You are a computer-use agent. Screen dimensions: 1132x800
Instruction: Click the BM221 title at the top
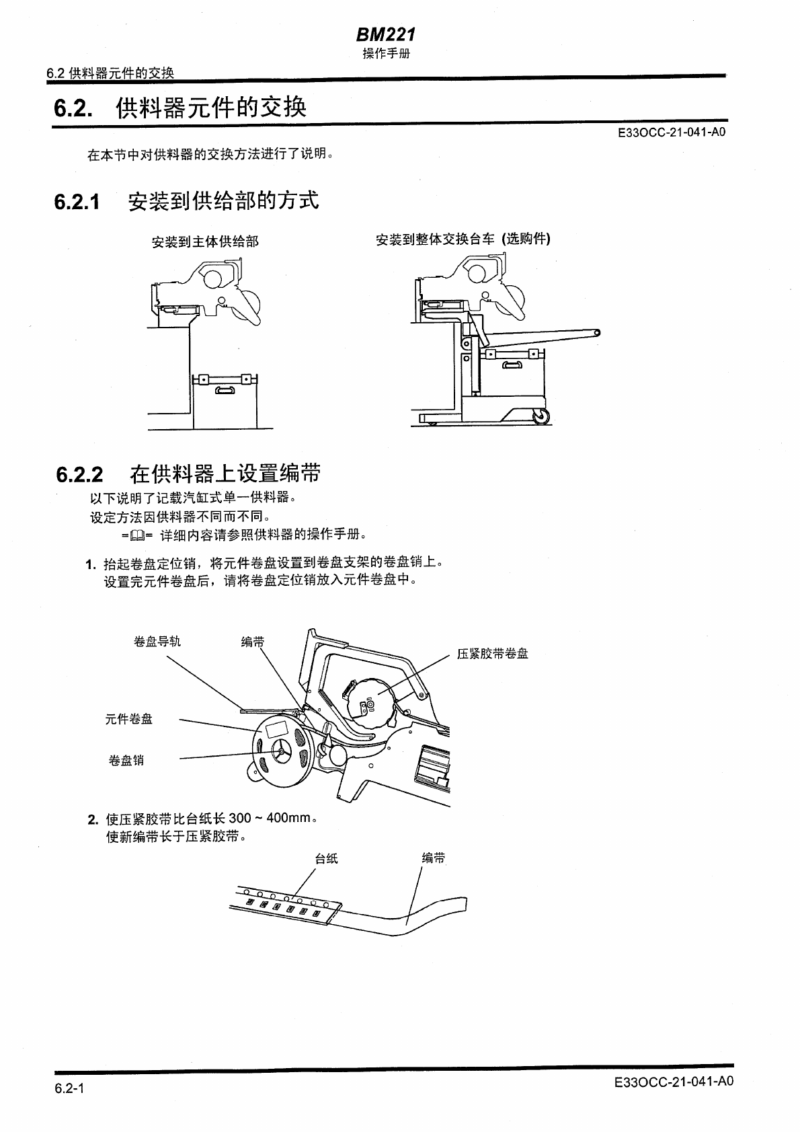(386, 34)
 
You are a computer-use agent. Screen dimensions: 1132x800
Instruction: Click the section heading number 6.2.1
(77, 202)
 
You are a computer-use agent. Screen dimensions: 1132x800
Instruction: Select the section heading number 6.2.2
(79, 475)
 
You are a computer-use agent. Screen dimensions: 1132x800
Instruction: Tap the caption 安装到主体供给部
(205, 241)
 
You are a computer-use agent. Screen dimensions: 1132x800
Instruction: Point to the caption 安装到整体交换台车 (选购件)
(463, 239)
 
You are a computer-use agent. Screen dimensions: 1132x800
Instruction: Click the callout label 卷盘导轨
(157, 642)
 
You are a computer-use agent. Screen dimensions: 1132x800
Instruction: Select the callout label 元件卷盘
(129, 719)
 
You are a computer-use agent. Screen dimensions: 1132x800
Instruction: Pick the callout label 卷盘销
(126, 761)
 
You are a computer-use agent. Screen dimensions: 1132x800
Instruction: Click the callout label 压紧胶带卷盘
(493, 654)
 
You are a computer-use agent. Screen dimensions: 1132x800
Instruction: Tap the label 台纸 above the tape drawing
(327, 858)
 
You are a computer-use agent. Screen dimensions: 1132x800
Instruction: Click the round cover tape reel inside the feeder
(368, 701)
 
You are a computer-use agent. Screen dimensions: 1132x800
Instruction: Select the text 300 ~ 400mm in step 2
(270, 819)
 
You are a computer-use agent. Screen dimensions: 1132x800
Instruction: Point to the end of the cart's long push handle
(597, 332)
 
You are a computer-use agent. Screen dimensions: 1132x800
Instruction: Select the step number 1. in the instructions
(92, 564)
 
